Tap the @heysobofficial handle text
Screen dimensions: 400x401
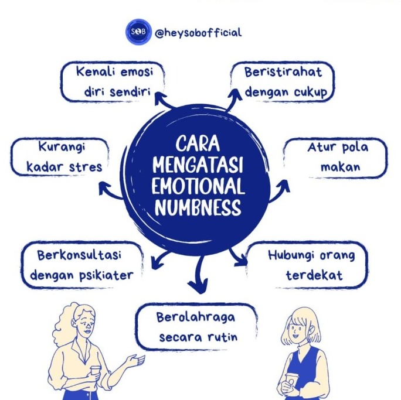point(198,33)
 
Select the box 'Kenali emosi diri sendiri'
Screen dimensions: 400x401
point(113,82)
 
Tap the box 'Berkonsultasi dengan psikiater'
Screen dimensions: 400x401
point(81,265)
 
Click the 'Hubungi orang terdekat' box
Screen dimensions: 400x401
point(310,265)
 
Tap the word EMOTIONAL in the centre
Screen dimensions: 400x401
point(197,187)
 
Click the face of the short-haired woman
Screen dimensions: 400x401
point(302,335)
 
